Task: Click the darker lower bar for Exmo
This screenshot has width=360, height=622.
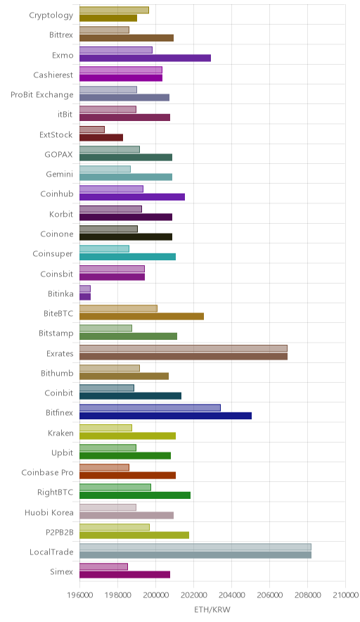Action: click(145, 58)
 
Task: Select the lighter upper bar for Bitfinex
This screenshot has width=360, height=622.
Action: click(150, 408)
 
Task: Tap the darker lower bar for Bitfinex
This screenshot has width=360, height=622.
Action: click(166, 416)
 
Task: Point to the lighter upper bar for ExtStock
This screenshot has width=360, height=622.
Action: click(92, 129)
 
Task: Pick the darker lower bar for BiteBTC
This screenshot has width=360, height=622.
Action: click(141, 316)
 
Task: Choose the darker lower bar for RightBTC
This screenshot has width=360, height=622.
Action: click(135, 495)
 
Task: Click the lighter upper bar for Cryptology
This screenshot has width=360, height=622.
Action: click(114, 10)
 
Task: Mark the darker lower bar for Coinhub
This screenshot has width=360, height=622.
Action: click(132, 197)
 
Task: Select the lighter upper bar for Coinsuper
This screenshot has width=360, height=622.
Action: click(104, 248)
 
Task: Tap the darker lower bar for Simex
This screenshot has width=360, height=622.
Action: click(125, 575)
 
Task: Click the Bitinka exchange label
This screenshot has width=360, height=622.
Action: click(60, 294)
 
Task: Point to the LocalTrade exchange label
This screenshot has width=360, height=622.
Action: click(51, 552)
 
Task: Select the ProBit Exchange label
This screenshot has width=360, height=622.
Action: click(42, 95)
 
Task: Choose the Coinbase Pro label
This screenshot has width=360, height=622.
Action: click(48, 472)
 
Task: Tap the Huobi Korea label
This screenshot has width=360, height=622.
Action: click(49, 512)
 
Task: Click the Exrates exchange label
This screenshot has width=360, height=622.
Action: click(60, 353)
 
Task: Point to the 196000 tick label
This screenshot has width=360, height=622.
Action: click(79, 595)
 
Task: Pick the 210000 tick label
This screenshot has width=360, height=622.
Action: click(345, 595)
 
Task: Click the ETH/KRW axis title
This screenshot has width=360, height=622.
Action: click(212, 610)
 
